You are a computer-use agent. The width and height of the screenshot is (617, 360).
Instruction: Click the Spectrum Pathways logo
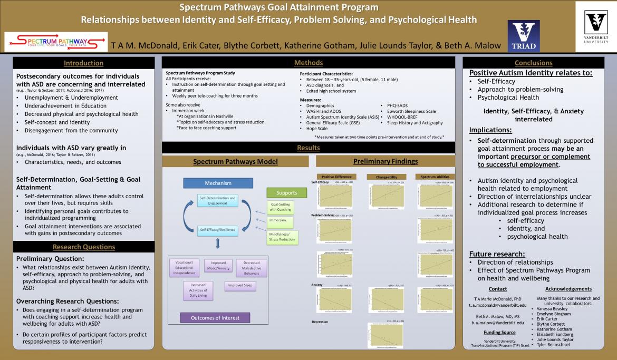pyautogui.click(x=55, y=41)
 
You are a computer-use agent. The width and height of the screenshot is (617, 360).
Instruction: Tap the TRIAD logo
pyautogui.click(x=523, y=37)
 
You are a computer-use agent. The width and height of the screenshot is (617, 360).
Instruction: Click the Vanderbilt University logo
pyautogui.click(x=596, y=26)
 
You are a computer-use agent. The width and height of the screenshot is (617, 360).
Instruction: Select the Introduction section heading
pyautogui.click(x=83, y=63)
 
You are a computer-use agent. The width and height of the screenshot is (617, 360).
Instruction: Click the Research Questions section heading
pyautogui.click(x=83, y=247)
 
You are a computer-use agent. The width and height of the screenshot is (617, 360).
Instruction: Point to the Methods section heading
pyautogui.click(x=308, y=63)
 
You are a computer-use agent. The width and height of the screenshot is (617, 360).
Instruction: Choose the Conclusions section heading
pyautogui.click(x=533, y=63)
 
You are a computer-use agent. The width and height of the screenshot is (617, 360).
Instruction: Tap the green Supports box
pyautogui.click(x=286, y=192)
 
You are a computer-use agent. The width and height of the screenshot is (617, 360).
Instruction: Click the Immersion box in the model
pyautogui.click(x=277, y=220)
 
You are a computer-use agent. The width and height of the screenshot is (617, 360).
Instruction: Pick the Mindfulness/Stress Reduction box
pyautogui.click(x=283, y=236)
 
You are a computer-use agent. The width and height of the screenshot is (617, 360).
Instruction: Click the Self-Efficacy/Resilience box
pyautogui.click(x=217, y=230)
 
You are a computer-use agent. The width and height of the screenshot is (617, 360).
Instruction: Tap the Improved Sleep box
pyautogui.click(x=241, y=285)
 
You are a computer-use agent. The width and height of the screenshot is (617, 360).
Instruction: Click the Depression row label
pyautogui.click(x=321, y=322)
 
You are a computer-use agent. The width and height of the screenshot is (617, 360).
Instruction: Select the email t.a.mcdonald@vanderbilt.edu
pyautogui.click(x=498, y=305)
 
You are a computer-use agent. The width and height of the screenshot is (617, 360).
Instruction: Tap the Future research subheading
pyautogui.click(x=497, y=254)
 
